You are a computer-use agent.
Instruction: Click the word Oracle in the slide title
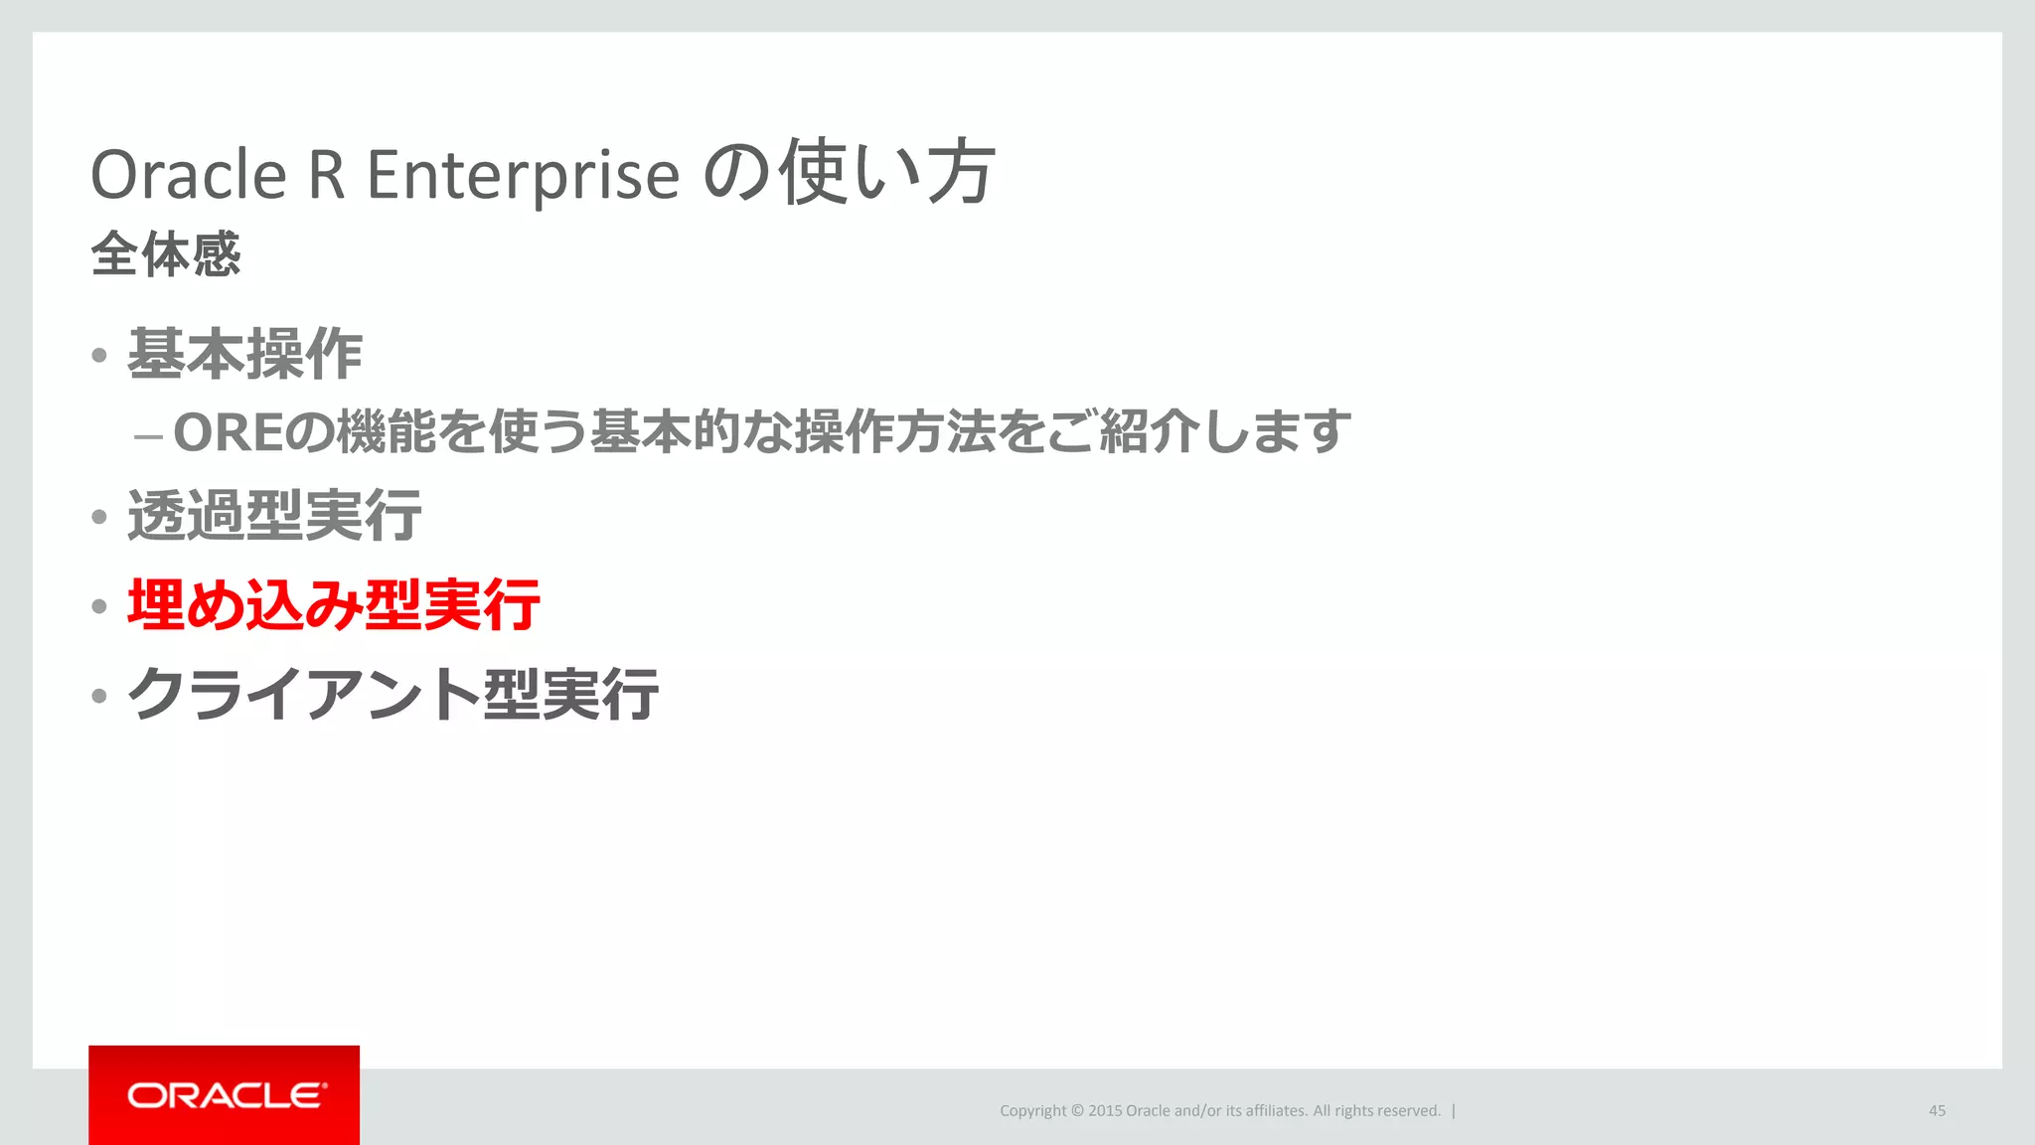[188, 175]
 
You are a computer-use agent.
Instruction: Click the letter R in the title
[327, 175]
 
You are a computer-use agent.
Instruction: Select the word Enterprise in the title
[523, 175]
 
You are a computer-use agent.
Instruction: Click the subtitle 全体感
[165, 253]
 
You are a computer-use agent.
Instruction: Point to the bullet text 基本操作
[244, 354]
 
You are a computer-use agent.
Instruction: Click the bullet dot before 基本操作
[98, 356]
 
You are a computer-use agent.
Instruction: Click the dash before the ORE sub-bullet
[148, 436]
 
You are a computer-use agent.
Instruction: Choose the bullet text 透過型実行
[274, 516]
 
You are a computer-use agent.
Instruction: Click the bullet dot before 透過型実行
[98, 517]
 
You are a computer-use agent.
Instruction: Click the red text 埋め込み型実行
[333, 604]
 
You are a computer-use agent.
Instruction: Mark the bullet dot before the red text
[98, 606]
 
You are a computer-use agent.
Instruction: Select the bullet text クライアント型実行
[392, 694]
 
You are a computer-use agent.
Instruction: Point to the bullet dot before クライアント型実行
[98, 696]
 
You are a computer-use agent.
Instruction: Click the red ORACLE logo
[225, 1095]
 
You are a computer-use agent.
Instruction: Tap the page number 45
[1937, 1110]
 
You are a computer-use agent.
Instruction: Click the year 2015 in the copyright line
[1104, 1110]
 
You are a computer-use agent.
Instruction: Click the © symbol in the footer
[1077, 1110]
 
